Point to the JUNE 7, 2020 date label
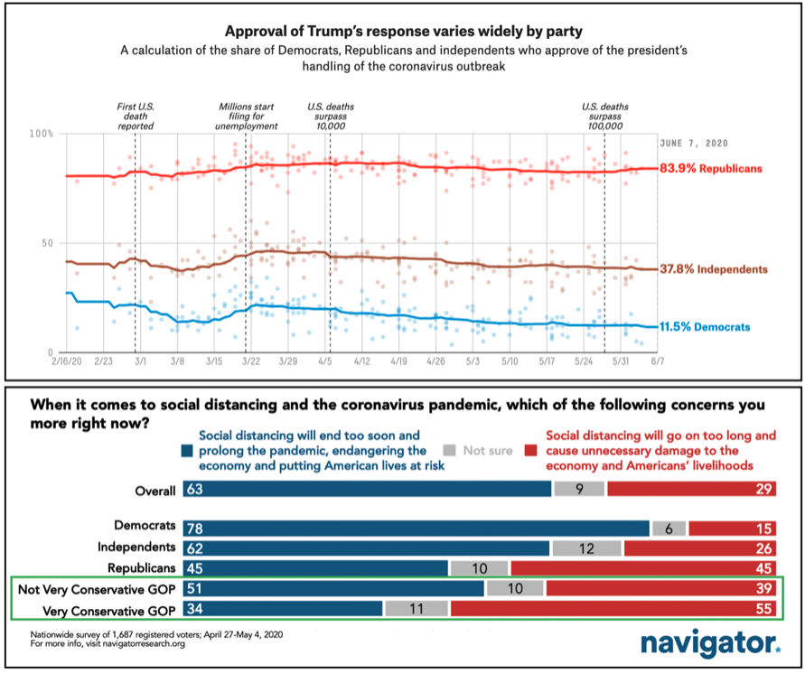694,144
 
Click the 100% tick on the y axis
42,134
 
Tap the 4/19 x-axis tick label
399,361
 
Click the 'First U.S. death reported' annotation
136,116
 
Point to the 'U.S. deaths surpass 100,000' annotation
604,116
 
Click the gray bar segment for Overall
579,489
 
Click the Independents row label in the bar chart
132,548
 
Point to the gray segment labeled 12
586,548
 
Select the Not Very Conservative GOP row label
97,588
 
